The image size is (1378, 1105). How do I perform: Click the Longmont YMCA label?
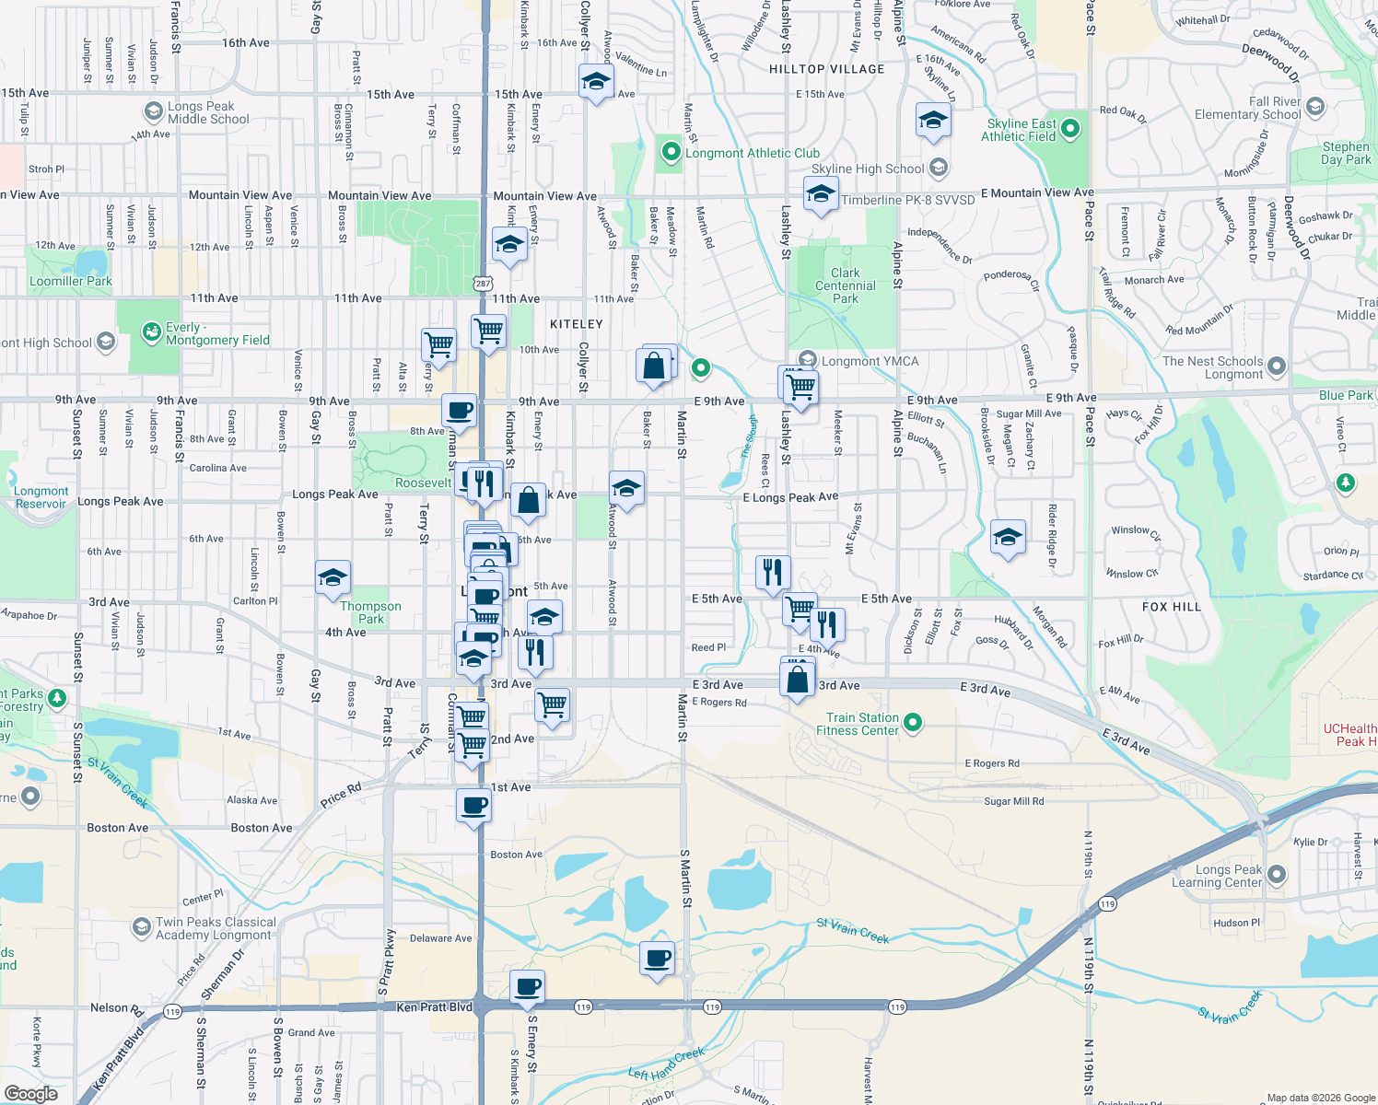click(870, 361)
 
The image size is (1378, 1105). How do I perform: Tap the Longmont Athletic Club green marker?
click(671, 152)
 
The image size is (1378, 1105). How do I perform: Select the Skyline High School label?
click(867, 169)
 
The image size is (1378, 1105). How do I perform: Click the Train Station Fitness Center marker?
click(913, 723)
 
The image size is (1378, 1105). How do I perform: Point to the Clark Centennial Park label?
click(846, 285)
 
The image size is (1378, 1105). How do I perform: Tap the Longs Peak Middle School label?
click(208, 112)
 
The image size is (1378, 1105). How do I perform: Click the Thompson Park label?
click(370, 612)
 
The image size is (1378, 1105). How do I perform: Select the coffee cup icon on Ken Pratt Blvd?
click(527, 987)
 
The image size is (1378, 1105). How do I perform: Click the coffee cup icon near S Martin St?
click(658, 959)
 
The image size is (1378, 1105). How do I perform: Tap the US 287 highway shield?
click(484, 283)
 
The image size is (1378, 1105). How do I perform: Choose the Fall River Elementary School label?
click(1247, 108)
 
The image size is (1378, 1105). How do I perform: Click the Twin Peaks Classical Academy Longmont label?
click(216, 928)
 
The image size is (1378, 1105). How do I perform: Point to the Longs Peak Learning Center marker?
click(1277, 873)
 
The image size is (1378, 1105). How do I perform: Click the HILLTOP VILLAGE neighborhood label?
click(826, 69)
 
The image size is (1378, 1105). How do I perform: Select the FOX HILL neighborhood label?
click(1172, 607)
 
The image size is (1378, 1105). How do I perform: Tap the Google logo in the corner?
click(31, 1093)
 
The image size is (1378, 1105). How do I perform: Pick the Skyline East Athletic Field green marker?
click(1070, 129)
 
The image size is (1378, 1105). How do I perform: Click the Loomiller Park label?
click(71, 281)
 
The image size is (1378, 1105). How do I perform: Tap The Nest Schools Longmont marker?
click(1276, 366)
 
